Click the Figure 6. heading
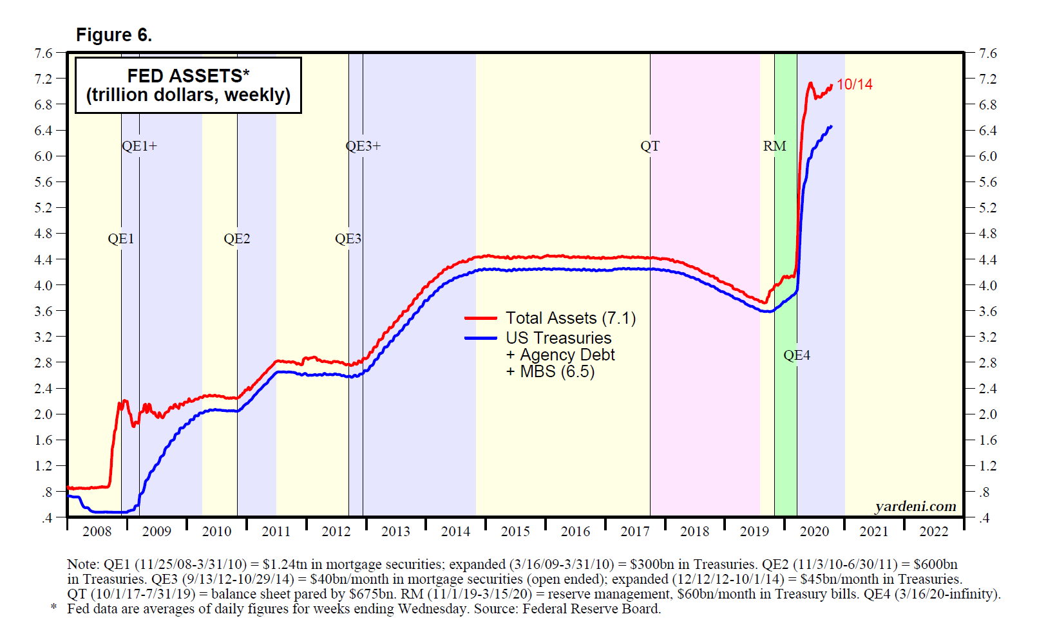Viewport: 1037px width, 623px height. (x=114, y=35)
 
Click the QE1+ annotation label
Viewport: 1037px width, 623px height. (x=139, y=146)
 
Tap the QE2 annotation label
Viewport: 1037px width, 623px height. (x=236, y=239)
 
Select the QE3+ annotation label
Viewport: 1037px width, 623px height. (x=363, y=146)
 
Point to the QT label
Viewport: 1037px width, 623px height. (x=650, y=146)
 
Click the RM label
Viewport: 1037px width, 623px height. (x=774, y=146)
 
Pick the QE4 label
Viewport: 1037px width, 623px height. (x=797, y=355)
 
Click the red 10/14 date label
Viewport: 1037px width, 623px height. (x=855, y=84)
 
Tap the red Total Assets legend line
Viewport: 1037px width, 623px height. (x=480, y=318)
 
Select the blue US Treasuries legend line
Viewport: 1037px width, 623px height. (x=480, y=338)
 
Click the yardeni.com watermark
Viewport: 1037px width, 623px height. (x=915, y=507)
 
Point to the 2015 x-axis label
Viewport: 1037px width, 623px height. (x=515, y=532)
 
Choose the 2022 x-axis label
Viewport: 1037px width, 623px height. (x=933, y=532)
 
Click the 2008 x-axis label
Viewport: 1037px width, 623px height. (x=97, y=532)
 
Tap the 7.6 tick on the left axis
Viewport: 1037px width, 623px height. (x=44, y=53)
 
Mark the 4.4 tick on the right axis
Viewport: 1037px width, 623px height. (x=987, y=260)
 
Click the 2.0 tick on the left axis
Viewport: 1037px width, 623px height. (x=44, y=414)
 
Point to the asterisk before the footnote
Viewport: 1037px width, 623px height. (x=54, y=608)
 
